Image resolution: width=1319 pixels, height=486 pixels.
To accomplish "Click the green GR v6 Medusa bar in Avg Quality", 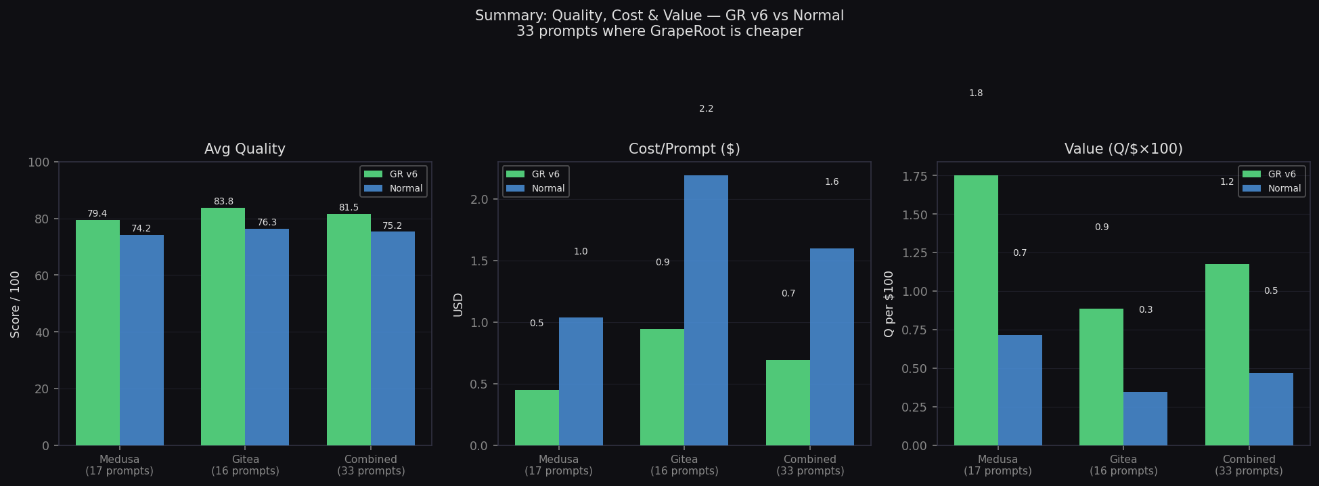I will [97, 332].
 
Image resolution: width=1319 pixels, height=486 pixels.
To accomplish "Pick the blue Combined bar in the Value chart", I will [1270, 409].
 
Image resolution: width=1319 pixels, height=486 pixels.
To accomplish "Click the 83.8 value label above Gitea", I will [223, 202].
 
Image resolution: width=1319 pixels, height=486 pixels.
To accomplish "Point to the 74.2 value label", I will [141, 229].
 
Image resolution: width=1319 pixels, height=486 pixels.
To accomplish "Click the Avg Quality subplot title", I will [245, 149].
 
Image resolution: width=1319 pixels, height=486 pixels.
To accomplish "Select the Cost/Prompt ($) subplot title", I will [684, 149].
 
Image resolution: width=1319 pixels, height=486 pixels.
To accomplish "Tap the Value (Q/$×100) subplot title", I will [1123, 149].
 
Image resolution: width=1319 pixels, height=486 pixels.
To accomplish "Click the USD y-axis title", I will [458, 305].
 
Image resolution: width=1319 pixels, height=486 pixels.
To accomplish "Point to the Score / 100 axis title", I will [15, 304].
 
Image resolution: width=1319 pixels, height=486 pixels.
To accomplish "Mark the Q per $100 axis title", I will [889, 304].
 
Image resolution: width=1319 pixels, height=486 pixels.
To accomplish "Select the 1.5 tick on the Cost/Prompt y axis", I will [480, 261].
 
